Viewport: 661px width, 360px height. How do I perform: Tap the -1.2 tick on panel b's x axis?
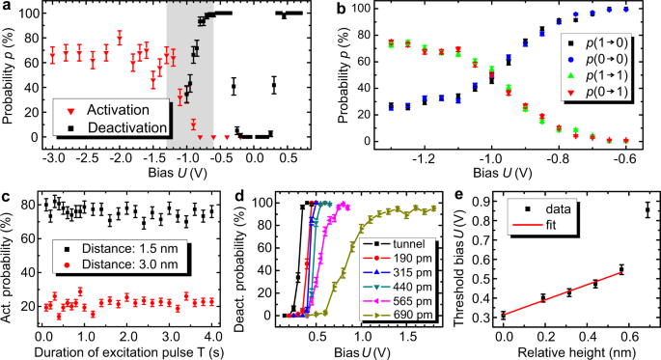coord(418,156)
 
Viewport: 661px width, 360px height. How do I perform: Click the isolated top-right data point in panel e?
coord(647,209)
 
